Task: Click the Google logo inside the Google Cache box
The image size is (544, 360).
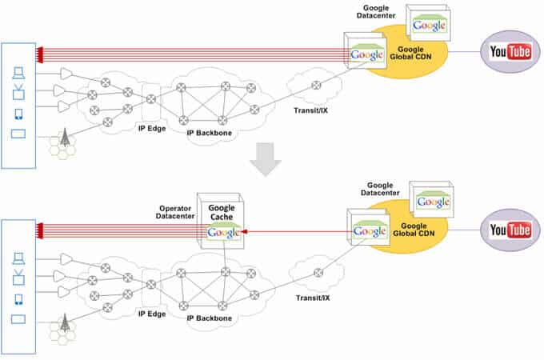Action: click(x=223, y=233)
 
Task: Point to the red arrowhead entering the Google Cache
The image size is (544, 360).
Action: click(x=246, y=231)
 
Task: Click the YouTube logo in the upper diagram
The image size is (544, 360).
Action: click(x=510, y=52)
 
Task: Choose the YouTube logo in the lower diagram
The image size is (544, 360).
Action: click(x=510, y=230)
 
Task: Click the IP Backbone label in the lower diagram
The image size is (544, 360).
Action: click(x=210, y=318)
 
